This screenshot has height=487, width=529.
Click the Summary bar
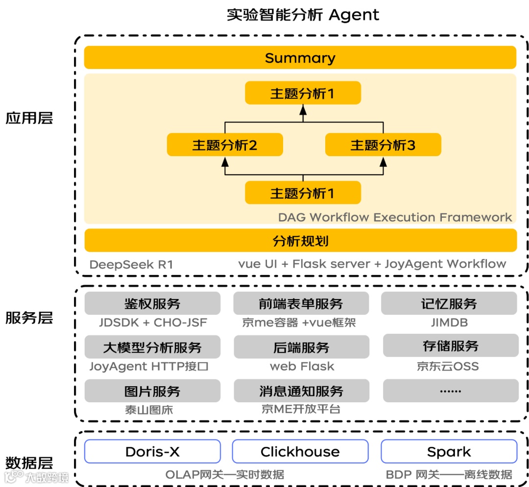(300, 58)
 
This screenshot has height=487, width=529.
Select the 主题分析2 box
(225, 145)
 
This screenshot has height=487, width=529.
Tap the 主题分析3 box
(383, 145)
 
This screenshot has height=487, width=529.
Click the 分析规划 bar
(300, 241)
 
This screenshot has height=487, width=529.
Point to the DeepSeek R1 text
(131, 265)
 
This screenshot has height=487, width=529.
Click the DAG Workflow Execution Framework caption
(395, 217)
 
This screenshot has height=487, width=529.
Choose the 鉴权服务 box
(152, 304)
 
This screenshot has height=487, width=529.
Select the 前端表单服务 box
(301, 304)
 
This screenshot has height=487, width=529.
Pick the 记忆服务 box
(449, 304)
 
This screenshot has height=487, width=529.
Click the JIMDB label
(449, 323)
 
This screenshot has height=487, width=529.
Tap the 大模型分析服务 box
(152, 348)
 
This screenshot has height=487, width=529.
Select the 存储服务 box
(450, 346)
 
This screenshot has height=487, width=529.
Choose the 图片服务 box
(152, 391)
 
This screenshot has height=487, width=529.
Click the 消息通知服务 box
(301, 391)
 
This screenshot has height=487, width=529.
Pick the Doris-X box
(152, 451)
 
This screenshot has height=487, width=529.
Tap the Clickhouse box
(300, 451)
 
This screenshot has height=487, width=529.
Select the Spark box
(449, 451)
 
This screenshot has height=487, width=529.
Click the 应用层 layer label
(29, 118)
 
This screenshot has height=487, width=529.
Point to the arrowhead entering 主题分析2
(225, 162)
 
